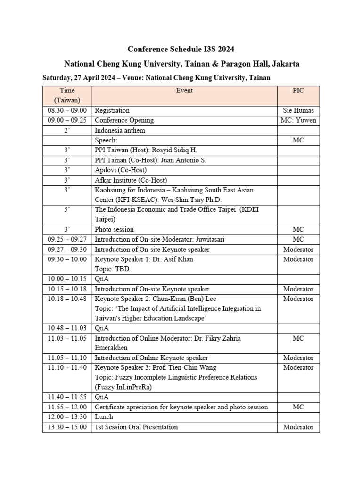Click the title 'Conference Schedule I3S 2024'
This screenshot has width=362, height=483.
181,49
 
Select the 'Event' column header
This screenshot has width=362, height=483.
184,91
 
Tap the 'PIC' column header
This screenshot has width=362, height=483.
298,91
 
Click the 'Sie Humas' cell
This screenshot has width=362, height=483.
298,110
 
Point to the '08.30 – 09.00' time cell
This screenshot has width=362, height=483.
67,110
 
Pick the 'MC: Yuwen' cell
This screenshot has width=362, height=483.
298,120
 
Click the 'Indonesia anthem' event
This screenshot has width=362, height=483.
120,130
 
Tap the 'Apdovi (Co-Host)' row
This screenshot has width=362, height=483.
121,170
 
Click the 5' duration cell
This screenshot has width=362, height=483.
67,209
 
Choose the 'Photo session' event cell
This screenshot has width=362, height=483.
115,229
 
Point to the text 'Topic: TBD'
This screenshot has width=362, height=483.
112,269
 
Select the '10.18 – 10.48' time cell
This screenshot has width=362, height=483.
67,299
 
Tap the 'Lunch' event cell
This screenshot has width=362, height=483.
104,417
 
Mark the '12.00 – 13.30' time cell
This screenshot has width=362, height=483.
67,417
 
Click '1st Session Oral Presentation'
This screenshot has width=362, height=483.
137,427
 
